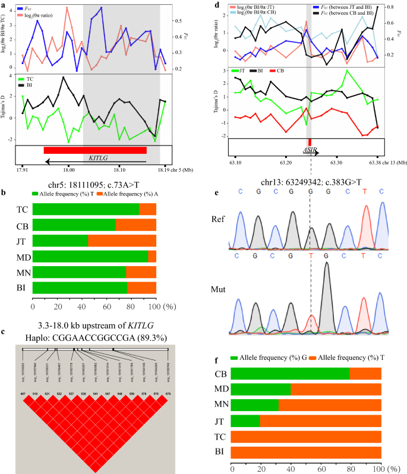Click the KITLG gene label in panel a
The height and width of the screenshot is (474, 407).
[x=99, y=159]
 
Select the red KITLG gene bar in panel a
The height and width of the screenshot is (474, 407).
[x=95, y=150]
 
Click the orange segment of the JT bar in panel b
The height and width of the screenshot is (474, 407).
[x=122, y=241]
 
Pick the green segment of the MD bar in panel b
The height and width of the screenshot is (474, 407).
[x=90, y=256]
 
